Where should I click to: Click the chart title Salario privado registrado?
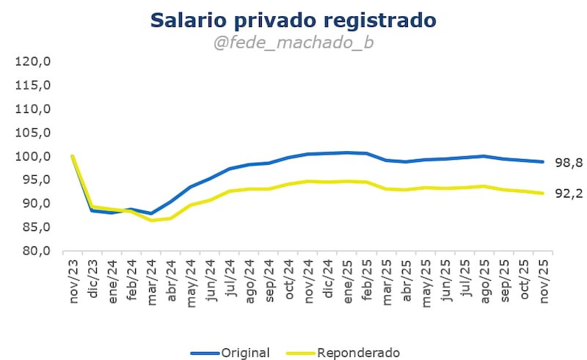[x=293, y=20]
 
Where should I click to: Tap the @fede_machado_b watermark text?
[x=293, y=43]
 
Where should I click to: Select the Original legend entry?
[x=230, y=353]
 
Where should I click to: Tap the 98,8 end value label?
[x=567, y=163]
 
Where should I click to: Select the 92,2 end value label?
[x=567, y=194]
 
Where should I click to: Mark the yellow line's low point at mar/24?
[x=151, y=220]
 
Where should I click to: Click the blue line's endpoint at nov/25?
[x=542, y=162]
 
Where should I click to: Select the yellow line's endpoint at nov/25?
[x=542, y=193]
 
